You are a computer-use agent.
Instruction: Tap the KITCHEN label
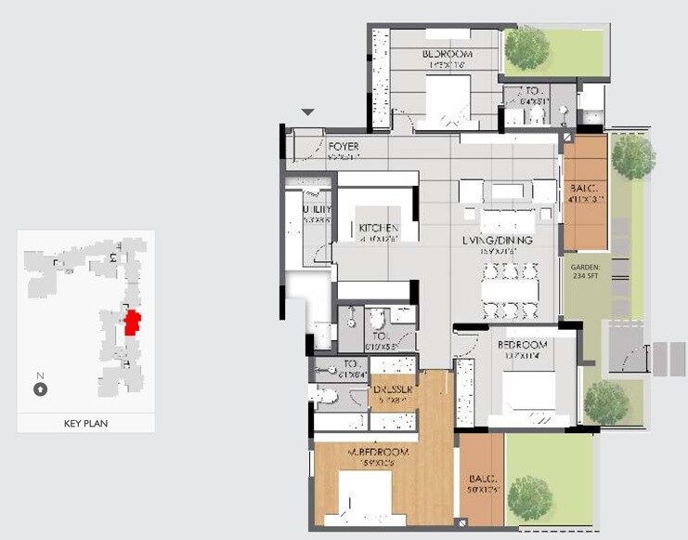point(379,228)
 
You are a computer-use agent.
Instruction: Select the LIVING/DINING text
point(498,240)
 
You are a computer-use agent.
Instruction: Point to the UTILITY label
point(317,210)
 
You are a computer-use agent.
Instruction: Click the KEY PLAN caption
point(85,423)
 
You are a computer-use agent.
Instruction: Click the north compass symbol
point(40,389)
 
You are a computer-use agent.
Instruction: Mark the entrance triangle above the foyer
point(308,112)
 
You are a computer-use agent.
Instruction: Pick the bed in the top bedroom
point(450,100)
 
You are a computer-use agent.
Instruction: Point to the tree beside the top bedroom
point(526,48)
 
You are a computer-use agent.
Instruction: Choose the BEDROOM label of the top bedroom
point(447,55)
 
